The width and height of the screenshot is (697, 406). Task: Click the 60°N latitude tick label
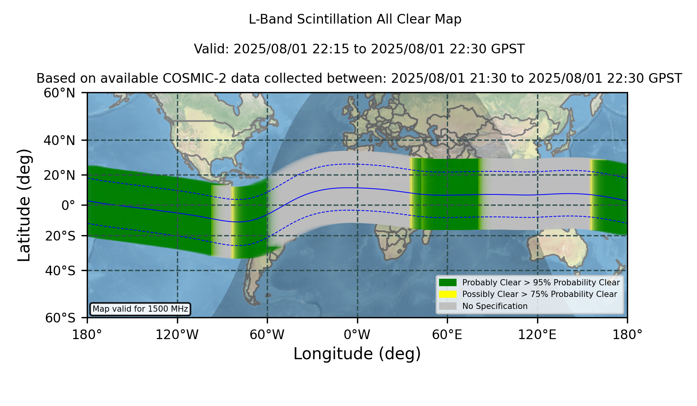pos(60,93)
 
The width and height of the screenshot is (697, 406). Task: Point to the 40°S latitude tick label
pos(60,271)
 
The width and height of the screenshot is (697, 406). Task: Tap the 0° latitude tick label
pos(69,205)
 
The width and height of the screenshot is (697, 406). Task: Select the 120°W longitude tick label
pos(177,334)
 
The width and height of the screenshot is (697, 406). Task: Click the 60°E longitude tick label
pos(447,334)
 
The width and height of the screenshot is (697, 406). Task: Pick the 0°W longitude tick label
pos(357,334)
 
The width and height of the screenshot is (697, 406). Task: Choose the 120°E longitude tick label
pos(537,334)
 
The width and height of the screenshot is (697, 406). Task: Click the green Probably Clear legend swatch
pos(448,283)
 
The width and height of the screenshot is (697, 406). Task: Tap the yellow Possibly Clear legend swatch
pos(448,294)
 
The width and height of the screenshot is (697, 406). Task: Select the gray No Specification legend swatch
pos(448,306)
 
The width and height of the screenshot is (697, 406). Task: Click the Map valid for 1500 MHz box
pos(140,309)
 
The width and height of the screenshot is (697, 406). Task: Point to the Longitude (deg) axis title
pos(357,354)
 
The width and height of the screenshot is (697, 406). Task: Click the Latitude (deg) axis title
pos(24,205)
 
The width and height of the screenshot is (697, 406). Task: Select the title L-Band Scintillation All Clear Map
pos(355,19)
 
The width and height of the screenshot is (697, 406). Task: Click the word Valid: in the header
pos(212,49)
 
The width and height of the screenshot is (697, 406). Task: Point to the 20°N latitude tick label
pos(60,175)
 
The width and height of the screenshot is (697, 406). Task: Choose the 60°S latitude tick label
pos(60,318)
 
